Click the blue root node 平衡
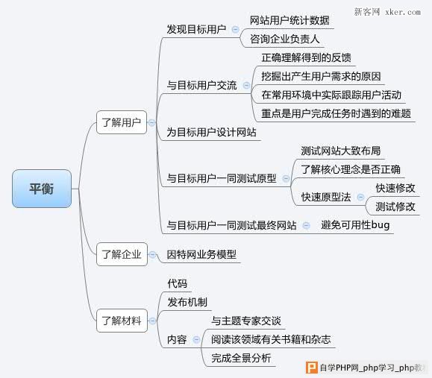point(42,189)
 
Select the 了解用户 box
point(122,122)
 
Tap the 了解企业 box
point(122,254)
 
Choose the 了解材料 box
point(122,321)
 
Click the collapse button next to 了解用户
point(151,122)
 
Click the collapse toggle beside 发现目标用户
point(235,29)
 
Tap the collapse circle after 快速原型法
point(360,197)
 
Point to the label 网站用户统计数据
point(289,20)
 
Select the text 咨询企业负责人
point(284,39)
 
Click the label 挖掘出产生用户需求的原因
point(321,76)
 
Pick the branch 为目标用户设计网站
point(211,133)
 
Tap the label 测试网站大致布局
point(340,151)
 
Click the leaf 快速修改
point(395,188)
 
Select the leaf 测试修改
point(395,207)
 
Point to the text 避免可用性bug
point(355,225)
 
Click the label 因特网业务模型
point(201,254)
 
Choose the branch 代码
point(177,283)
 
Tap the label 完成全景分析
point(241,358)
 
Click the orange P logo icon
point(312,368)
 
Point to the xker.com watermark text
point(403,12)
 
